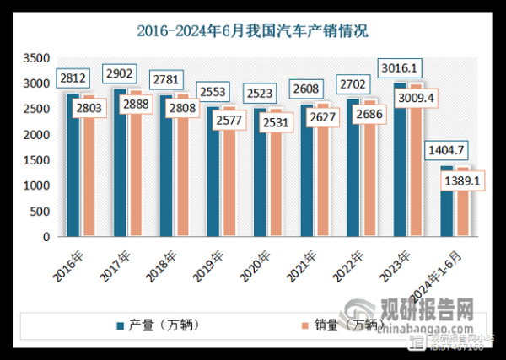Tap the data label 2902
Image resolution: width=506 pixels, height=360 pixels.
click(119, 74)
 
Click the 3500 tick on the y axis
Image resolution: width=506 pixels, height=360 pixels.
click(35, 58)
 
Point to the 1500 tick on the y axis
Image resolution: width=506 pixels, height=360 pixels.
click(35, 160)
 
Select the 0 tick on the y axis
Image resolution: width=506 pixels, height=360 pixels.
click(47, 237)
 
